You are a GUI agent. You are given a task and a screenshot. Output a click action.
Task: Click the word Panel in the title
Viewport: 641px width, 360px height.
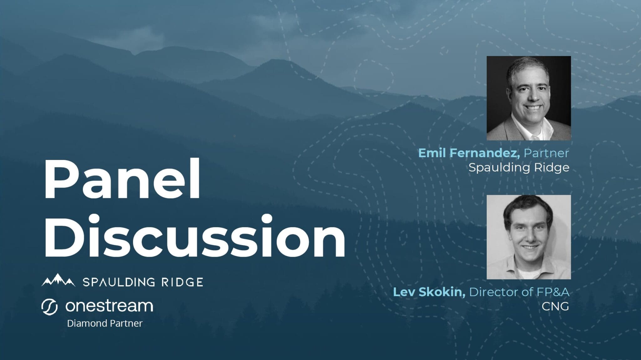click(x=122, y=180)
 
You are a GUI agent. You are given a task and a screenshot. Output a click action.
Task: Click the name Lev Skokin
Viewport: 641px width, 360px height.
click(x=429, y=292)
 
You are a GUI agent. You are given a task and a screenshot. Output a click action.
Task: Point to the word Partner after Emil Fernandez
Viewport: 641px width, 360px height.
click(x=546, y=153)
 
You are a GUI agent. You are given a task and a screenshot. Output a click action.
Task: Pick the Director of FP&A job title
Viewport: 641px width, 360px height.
click(x=519, y=292)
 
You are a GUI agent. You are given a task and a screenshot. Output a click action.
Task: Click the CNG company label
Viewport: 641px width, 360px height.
click(x=556, y=306)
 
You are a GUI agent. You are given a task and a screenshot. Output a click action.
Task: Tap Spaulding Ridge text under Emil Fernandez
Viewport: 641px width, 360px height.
click(x=519, y=168)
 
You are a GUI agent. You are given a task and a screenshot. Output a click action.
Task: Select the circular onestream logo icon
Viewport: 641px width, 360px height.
click(x=49, y=307)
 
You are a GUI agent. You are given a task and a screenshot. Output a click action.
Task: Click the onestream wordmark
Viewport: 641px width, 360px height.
click(x=109, y=306)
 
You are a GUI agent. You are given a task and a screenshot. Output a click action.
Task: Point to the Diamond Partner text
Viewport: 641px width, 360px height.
click(x=105, y=323)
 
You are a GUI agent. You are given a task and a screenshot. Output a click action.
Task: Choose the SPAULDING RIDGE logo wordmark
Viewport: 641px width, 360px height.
click(x=143, y=282)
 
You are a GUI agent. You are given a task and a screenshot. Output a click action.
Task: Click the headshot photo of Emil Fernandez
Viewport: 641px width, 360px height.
click(x=529, y=98)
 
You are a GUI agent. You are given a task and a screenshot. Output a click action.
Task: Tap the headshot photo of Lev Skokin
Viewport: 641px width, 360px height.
click(x=529, y=237)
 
